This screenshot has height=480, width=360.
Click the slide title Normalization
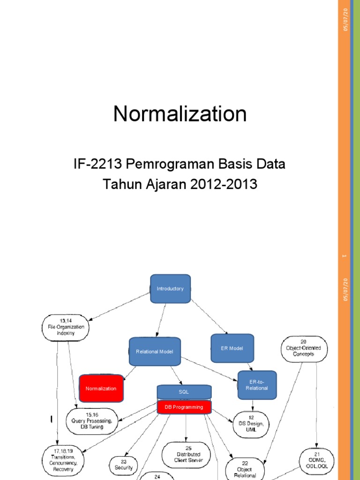pos(180,114)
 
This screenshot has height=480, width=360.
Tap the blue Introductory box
pos(170,289)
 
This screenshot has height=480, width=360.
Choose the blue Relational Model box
pos(154,351)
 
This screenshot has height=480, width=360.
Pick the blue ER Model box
pos(232,348)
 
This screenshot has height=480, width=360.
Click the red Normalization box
pos(101,389)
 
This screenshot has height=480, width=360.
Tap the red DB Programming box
pos(184,407)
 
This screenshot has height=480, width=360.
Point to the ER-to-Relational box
pos(257,385)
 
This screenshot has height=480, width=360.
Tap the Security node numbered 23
pos(124,465)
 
